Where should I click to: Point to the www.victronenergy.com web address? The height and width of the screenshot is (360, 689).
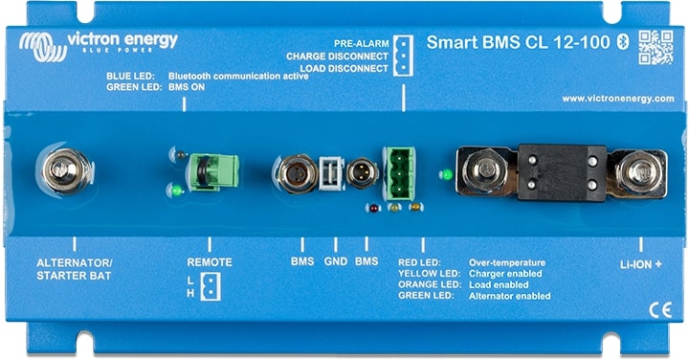tap(619, 99)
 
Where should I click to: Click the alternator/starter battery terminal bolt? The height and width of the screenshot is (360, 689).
tap(67, 172)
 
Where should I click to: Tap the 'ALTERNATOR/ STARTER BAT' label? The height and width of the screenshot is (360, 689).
tap(74, 268)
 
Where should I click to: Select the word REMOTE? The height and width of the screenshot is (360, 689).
tap(209, 261)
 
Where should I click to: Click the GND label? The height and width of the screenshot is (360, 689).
tap(335, 261)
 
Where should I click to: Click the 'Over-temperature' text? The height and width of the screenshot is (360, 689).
tap(506, 261)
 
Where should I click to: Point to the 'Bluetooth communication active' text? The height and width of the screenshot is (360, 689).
tap(238, 75)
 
